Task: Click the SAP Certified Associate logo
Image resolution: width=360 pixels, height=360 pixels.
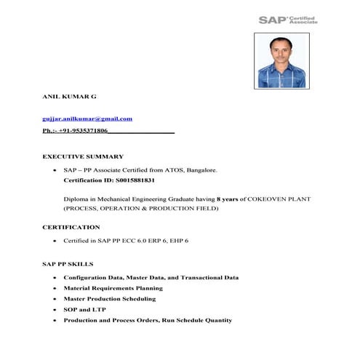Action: [x=288, y=20]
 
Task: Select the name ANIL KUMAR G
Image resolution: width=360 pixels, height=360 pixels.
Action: [x=69, y=96]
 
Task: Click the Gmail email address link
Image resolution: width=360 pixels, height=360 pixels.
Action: [x=87, y=119]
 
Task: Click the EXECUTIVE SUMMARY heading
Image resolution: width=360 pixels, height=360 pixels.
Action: [x=83, y=156]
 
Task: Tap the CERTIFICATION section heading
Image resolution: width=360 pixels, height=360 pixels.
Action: [x=71, y=228]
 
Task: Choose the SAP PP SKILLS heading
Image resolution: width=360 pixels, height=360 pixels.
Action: [x=68, y=263]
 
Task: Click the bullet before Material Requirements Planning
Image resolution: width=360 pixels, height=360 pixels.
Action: [x=55, y=289]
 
